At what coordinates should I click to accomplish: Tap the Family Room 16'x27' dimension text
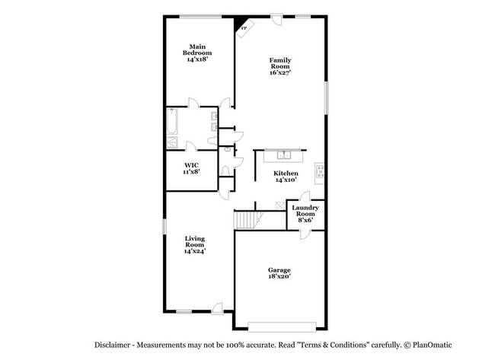coord(280,73)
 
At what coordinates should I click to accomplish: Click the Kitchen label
coord(286,174)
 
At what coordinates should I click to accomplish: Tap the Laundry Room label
coord(305,211)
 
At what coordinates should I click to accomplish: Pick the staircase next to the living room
coord(246,220)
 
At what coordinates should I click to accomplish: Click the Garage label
coord(279,270)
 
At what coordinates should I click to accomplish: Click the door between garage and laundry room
coord(305,231)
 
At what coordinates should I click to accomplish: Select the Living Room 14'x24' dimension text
coord(195,251)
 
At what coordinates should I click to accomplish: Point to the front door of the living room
coord(218,308)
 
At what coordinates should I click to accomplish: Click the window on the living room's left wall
coord(165,228)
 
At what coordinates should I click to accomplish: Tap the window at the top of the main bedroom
coord(200,17)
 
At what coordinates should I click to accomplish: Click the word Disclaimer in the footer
coord(116,345)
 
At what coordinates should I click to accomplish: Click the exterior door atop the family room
coord(276,21)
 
